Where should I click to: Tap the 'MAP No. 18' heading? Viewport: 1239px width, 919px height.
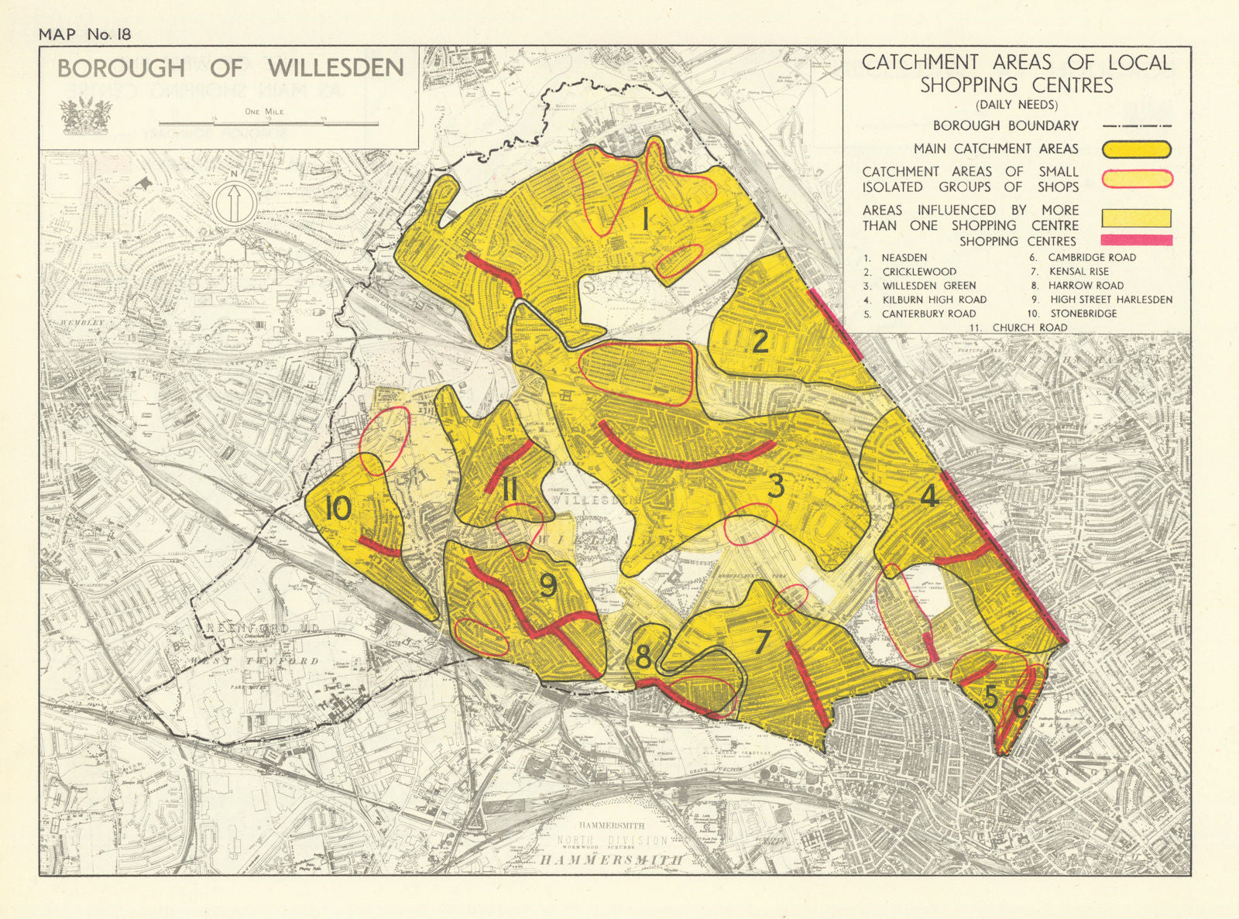(85, 34)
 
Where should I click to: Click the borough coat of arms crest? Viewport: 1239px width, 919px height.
(81, 117)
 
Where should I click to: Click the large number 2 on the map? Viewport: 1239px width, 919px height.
(761, 341)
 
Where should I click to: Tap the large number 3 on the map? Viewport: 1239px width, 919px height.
(776, 486)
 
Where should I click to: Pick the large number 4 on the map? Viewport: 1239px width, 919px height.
(929, 496)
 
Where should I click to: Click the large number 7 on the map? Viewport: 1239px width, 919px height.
(763, 642)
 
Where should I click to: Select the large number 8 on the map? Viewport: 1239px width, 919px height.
(643, 658)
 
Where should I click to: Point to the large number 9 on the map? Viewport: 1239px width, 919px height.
(547, 585)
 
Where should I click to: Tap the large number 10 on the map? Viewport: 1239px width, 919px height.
(338, 509)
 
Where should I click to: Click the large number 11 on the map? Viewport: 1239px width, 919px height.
(509, 489)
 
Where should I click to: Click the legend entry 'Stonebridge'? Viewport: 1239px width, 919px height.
(1083, 314)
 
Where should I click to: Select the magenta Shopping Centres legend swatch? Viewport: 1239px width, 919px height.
(1136, 241)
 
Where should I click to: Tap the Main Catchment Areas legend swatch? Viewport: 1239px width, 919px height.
(1136, 149)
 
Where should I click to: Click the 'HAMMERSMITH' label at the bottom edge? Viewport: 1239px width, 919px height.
(612, 859)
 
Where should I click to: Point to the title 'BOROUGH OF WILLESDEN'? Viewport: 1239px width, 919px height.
(230, 68)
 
